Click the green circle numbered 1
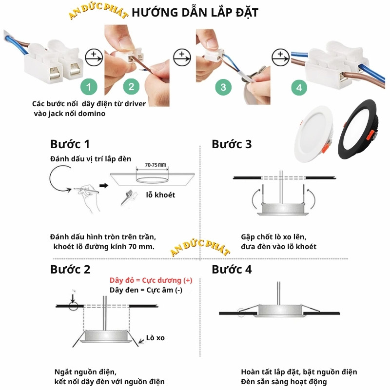[88, 87]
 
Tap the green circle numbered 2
[131, 87]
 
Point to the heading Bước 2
[70, 269]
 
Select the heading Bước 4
[232, 269]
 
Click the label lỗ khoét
[160, 195]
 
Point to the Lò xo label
[156, 337]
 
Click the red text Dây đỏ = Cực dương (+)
[151, 280]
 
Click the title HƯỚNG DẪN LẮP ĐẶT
[195, 13]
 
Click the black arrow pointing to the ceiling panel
[103, 186]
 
